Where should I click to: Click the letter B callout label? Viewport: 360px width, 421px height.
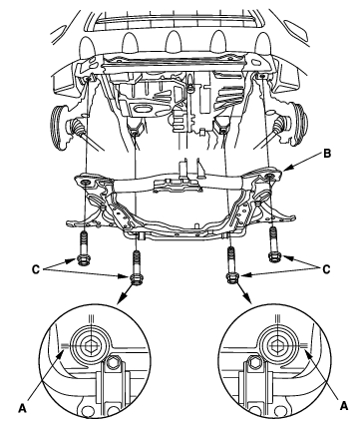[327, 154]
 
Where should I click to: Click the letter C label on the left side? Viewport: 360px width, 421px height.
[36, 269]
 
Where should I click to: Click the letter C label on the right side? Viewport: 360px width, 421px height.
[326, 269]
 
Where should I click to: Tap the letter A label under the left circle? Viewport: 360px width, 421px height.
[22, 407]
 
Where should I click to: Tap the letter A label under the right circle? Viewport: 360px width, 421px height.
[344, 405]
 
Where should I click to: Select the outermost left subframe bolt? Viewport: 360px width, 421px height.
[83, 248]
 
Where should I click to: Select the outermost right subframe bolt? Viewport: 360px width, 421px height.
[274, 244]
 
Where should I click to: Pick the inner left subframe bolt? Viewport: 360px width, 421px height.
[136, 267]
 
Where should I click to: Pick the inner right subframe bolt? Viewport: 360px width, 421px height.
[231, 265]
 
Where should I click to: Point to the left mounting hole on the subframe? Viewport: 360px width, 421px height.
[86, 182]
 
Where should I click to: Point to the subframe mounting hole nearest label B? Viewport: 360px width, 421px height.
[270, 176]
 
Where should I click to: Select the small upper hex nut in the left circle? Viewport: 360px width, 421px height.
[113, 362]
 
